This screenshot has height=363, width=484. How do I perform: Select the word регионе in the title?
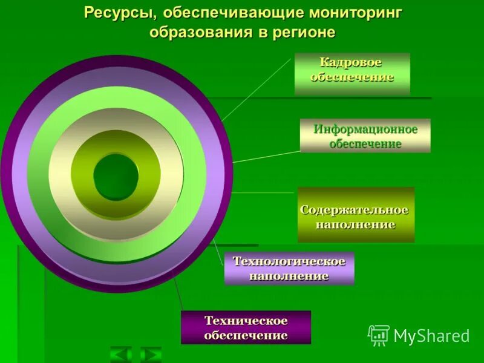pos(304,32)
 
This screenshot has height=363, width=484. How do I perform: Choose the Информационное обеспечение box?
pos(365,136)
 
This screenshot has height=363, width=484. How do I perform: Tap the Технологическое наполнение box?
pos(289,268)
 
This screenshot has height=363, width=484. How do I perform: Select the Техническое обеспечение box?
pos(246,327)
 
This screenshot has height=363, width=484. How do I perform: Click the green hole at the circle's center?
pos(116,177)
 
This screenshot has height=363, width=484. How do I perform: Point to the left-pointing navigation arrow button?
pos(121,354)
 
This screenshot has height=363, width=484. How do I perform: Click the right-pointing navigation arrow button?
pos(151,354)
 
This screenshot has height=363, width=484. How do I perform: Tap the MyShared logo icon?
pos(378,335)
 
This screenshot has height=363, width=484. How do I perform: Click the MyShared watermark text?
pos(431,336)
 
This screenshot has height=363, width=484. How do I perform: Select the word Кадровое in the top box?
pos(351,63)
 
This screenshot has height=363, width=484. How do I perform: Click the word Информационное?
pos(365,129)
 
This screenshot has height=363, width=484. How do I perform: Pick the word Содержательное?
pos(355,209)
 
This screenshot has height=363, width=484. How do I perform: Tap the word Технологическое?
pos(289,261)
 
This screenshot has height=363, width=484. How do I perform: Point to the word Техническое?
pos(246,320)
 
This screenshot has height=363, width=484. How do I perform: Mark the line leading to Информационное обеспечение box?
pos(266,156)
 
